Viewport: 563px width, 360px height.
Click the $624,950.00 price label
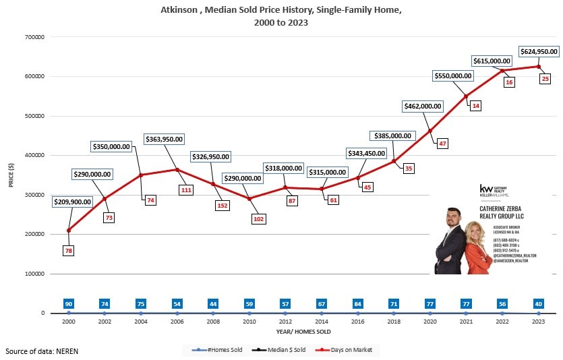[x=538, y=51]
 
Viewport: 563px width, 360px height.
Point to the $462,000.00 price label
[x=423, y=106]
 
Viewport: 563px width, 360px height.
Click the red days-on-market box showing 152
[x=223, y=206]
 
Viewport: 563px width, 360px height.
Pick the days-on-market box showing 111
[x=187, y=191]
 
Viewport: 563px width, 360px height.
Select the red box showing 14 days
[x=476, y=107]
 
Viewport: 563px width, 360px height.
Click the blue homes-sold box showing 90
[x=68, y=304]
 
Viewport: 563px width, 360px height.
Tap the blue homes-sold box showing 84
[x=358, y=304]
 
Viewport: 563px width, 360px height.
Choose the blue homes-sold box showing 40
[x=538, y=304]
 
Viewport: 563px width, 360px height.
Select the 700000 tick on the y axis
[x=34, y=37]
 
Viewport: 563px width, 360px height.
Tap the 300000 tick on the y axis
[x=34, y=195]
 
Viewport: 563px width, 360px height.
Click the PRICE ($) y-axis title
[x=11, y=175]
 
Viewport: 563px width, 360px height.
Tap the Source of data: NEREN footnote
[x=36, y=351]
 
